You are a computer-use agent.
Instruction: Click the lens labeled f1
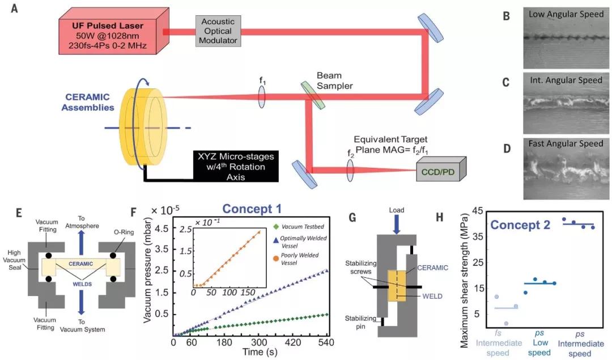click(x=262, y=96)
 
